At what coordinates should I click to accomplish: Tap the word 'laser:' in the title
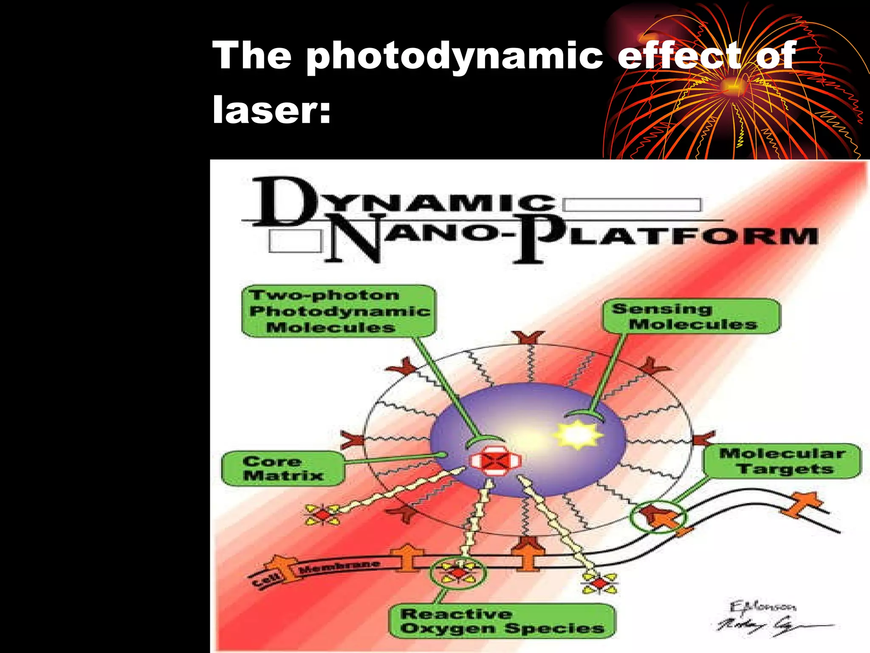pyautogui.click(x=271, y=110)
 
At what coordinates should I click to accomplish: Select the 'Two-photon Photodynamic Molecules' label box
pyautogui.click(x=339, y=311)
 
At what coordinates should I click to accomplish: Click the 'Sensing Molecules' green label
pyautogui.click(x=691, y=317)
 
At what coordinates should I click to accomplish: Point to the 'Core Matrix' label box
pyautogui.click(x=282, y=468)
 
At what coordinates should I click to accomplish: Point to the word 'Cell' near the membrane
pyautogui.click(x=267, y=580)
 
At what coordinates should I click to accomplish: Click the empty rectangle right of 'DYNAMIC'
pyautogui.click(x=632, y=205)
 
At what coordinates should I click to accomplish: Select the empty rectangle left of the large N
pyautogui.click(x=296, y=241)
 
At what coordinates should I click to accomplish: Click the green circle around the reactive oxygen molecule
pyautogui.click(x=458, y=573)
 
